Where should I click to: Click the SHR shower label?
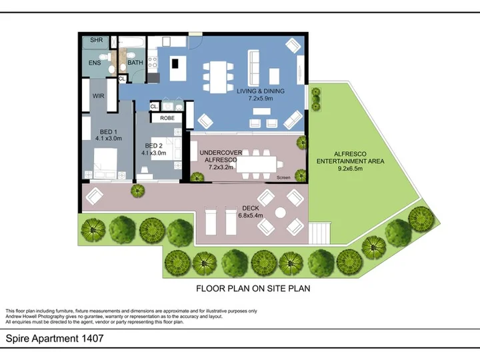click(97, 40)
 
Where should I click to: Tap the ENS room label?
click(95, 63)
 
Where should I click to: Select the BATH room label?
click(135, 63)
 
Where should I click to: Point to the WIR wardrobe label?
click(98, 96)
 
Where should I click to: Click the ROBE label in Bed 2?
click(167, 118)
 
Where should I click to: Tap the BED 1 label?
click(109, 131)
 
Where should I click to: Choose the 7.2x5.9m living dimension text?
click(261, 98)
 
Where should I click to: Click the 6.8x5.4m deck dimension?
click(251, 215)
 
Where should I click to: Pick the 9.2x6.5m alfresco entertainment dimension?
click(350, 168)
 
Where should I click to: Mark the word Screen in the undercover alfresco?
click(283, 177)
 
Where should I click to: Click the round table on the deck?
click(281, 213)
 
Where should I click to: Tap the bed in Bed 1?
click(105, 163)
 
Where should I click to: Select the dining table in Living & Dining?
click(218, 77)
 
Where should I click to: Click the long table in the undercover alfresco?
click(257, 165)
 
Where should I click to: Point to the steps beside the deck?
click(319, 233)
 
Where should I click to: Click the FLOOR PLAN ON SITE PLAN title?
click(253, 289)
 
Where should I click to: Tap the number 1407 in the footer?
click(93, 338)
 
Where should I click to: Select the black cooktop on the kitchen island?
click(175, 63)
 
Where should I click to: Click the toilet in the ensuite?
click(105, 57)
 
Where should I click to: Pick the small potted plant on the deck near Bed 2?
click(138, 191)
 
